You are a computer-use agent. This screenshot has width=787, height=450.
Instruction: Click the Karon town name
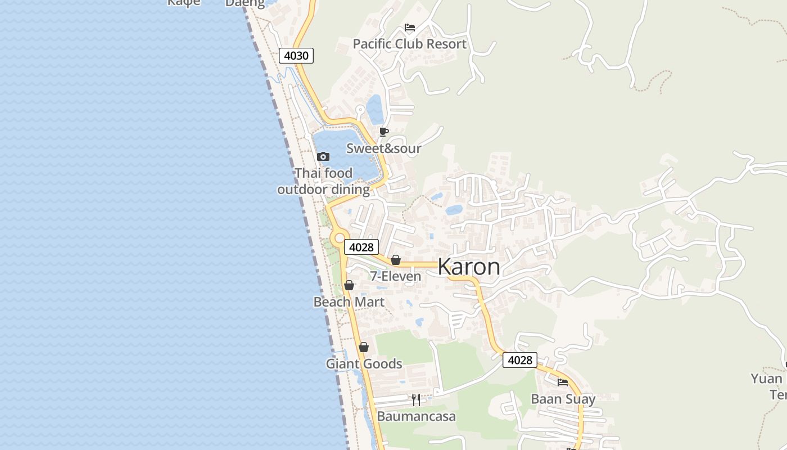[469, 267]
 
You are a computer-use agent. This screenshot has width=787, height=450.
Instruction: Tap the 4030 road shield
[296, 56]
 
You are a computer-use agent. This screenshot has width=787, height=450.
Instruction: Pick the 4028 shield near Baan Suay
[519, 360]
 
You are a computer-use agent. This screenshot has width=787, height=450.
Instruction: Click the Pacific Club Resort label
[410, 44]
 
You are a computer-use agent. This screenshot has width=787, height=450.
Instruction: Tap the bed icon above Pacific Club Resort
[410, 28]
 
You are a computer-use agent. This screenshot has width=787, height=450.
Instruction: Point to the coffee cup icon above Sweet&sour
[384, 132]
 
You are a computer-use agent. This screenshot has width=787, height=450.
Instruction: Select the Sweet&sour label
[384, 148]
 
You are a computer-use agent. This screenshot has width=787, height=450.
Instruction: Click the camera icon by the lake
[323, 157]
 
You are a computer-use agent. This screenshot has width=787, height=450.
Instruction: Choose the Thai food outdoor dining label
[324, 181]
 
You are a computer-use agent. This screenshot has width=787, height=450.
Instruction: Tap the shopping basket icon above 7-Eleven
[396, 260]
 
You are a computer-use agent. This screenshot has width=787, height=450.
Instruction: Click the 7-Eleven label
[396, 276]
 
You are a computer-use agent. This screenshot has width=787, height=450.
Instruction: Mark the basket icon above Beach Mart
[349, 286]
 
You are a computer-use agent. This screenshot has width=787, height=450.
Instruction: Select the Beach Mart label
[349, 302]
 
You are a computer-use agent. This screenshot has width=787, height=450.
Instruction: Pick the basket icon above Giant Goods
[364, 348]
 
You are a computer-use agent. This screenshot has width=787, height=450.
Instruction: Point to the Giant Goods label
[364, 364]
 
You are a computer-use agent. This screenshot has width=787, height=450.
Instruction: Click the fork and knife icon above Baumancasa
[416, 400]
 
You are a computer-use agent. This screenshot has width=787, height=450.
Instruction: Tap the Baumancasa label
[417, 417]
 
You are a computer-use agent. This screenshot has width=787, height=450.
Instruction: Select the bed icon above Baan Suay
[563, 383]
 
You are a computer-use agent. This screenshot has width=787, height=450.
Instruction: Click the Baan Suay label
[563, 399]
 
